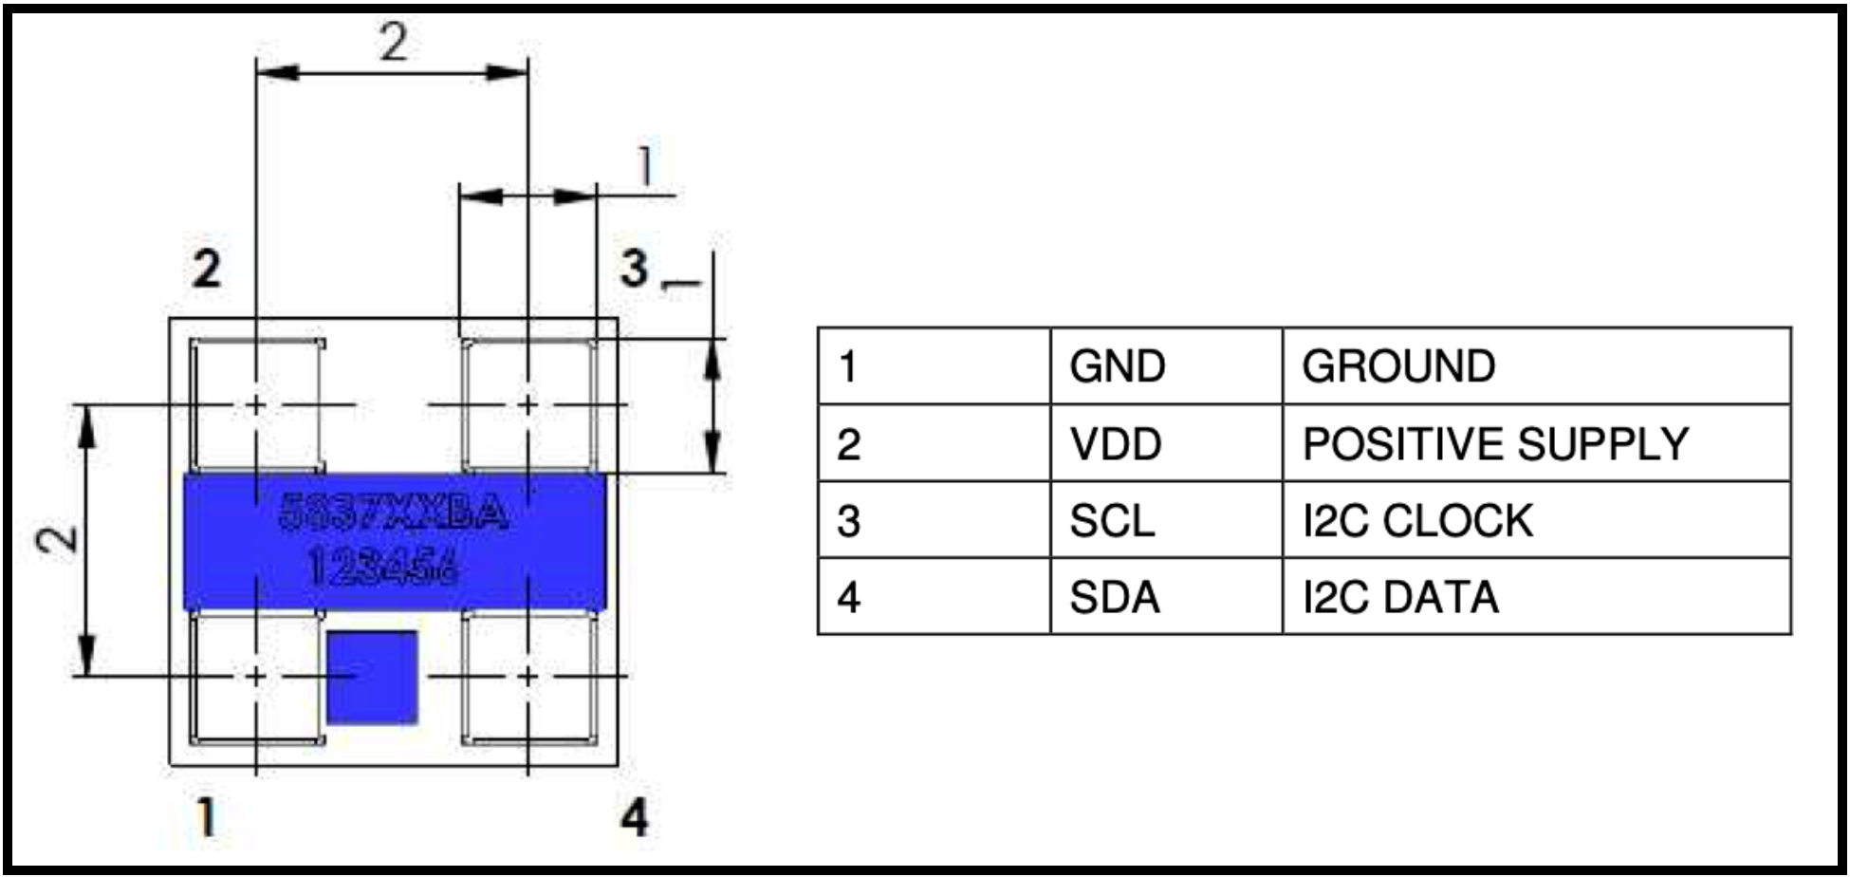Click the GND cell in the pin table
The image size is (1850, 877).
[1117, 366]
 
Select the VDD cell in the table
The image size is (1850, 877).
[1116, 444]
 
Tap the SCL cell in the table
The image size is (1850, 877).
[1112, 521]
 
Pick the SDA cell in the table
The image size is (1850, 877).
[1115, 598]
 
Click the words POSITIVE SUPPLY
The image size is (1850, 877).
[1495, 444]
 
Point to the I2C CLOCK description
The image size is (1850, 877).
[1417, 521]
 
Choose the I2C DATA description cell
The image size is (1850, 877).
[1400, 598]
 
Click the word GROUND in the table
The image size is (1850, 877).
[1398, 366]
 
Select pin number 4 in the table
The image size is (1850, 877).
[848, 598]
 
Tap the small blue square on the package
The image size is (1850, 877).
[372, 677]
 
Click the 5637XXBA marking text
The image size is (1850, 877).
[393, 513]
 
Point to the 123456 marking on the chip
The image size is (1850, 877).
[383, 568]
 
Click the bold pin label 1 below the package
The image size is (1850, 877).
[206, 816]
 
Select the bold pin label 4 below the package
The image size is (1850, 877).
[635, 816]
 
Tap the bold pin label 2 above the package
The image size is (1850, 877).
[206, 269]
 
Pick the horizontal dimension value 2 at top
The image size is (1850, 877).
[393, 43]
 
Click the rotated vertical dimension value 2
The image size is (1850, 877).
[57, 539]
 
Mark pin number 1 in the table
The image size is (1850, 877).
[848, 366]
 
